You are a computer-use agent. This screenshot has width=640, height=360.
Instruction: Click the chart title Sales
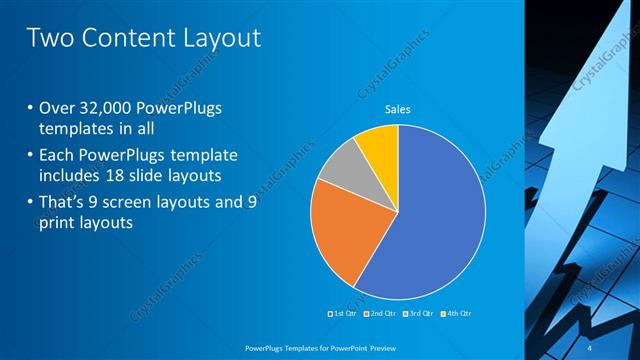click(398, 109)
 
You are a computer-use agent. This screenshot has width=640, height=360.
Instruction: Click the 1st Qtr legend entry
click(342, 313)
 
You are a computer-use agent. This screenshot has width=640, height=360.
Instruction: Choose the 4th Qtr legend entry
click(456, 313)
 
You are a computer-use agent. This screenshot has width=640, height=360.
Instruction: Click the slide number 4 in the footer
click(590, 347)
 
